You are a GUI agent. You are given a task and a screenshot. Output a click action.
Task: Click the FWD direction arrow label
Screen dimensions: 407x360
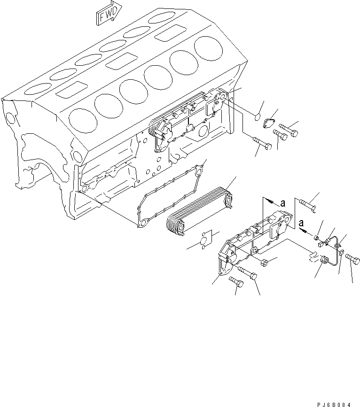click(109, 13)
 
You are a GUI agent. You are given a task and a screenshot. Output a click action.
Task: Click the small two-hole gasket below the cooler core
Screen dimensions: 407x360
click(205, 239)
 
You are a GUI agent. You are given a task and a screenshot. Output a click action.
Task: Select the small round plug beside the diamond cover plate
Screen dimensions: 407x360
click(258, 117)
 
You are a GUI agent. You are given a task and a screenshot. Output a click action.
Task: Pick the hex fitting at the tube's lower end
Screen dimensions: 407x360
click(324, 261)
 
